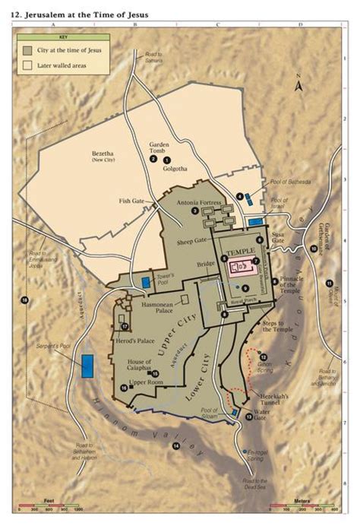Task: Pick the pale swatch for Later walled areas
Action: click(x=27, y=65)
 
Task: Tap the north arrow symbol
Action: click(x=300, y=86)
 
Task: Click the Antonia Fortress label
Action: click(x=198, y=203)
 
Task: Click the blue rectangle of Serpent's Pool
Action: click(x=88, y=366)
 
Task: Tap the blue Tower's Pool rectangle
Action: click(x=145, y=283)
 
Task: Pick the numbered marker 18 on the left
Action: click(x=25, y=302)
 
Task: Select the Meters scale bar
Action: click(x=314, y=507)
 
